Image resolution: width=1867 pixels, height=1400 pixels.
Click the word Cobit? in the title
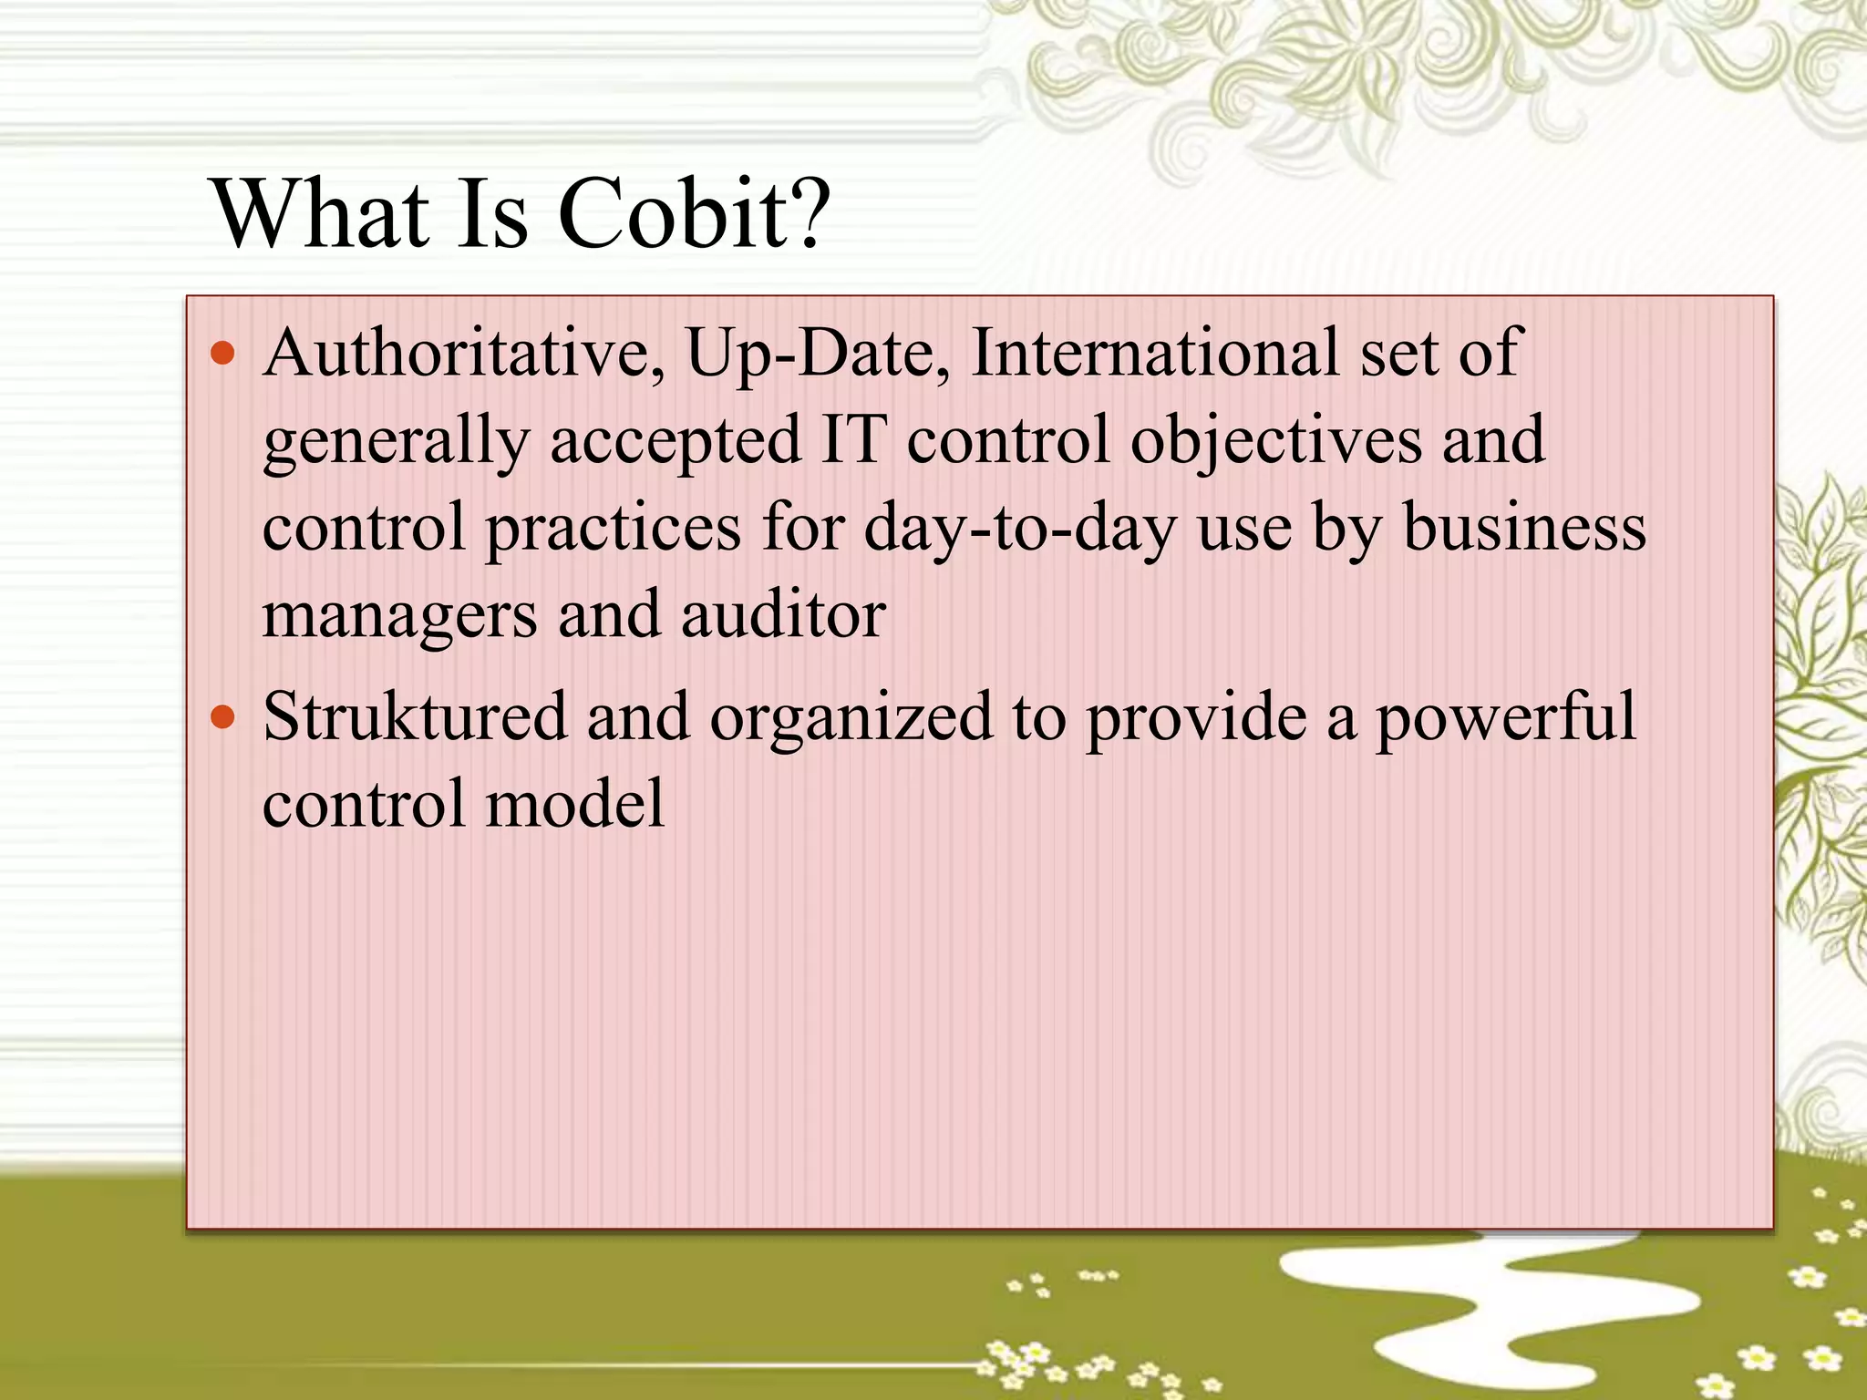[x=694, y=214]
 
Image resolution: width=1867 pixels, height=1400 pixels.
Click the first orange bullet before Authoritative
[x=222, y=353]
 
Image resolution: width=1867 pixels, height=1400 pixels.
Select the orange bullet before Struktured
[x=222, y=717]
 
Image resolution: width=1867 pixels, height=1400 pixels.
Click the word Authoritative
[x=463, y=353]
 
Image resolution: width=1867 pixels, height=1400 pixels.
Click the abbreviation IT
[x=853, y=440]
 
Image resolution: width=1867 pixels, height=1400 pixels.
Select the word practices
[x=613, y=530]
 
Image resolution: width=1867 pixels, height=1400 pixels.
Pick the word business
[x=1523, y=528]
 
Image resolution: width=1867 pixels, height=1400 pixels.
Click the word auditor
[x=783, y=615]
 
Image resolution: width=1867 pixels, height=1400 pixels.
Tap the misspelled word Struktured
[x=415, y=717]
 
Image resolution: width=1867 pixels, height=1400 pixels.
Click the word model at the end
[x=575, y=805]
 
